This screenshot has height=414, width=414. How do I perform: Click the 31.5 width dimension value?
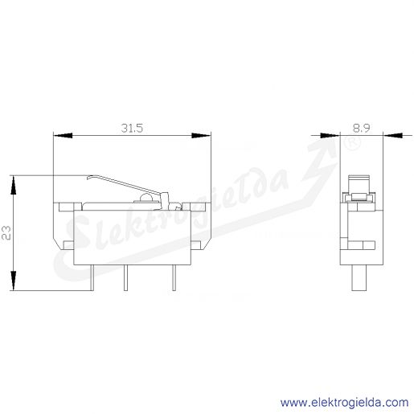(x=132, y=128)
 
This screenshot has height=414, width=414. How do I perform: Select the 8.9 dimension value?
(x=361, y=128)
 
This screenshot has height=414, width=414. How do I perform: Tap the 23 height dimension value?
(x=6, y=233)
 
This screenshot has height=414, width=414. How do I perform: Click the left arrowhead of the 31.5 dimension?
(x=63, y=136)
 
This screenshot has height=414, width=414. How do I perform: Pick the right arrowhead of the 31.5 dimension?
(x=201, y=136)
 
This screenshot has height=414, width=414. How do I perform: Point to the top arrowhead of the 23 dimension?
(x=13, y=185)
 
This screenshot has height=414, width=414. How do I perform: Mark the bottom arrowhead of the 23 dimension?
(x=13, y=281)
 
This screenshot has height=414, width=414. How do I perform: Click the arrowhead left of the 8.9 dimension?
(x=330, y=136)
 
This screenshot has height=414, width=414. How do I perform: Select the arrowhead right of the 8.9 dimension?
(x=393, y=136)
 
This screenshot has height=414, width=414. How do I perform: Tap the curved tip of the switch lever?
(x=89, y=178)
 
